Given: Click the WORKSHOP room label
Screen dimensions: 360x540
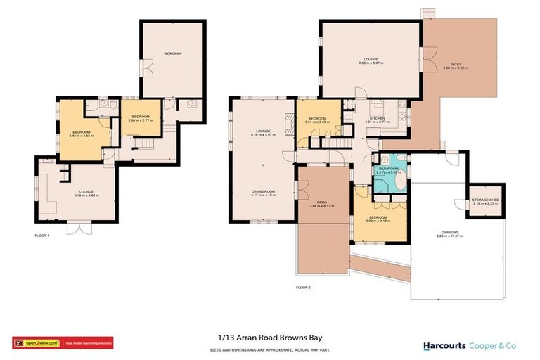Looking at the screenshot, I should [x=173, y=53].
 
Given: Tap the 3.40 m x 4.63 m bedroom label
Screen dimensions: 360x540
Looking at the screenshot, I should [x=82, y=133].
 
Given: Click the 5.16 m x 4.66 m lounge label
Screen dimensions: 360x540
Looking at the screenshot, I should [x=86, y=193].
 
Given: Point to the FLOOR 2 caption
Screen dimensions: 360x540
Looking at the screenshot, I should [x=303, y=287].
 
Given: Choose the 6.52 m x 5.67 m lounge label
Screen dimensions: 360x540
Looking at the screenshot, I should [x=371, y=61].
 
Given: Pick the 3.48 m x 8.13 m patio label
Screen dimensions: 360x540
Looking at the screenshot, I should [x=323, y=205].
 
